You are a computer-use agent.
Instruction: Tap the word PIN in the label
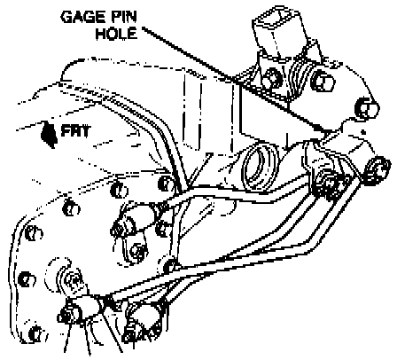coord(124,17)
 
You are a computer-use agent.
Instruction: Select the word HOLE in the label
coord(116,33)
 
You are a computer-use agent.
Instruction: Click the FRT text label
coord(74,130)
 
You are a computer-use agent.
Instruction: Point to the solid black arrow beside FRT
coord(49,135)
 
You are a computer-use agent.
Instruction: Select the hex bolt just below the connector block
coord(272,76)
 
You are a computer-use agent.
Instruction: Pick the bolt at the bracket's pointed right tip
coord(366,107)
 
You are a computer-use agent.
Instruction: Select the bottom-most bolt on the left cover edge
coord(36,333)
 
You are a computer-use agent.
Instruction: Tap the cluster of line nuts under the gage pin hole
coord(330,184)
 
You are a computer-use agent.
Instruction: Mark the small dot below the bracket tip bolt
coord(363,131)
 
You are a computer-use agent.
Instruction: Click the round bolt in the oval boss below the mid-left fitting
coord(137,252)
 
